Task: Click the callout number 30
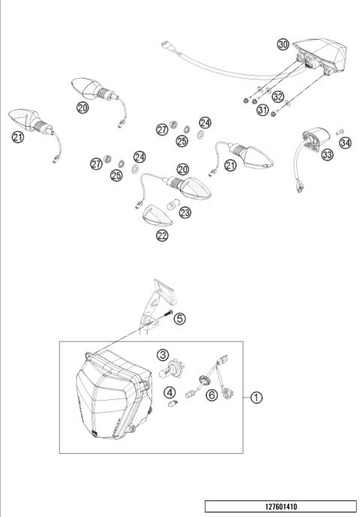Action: click(x=282, y=44)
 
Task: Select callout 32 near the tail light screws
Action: click(x=278, y=97)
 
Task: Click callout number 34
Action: click(x=344, y=142)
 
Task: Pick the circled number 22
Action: click(x=162, y=236)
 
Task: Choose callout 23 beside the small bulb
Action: click(x=184, y=213)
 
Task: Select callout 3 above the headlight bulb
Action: click(x=163, y=355)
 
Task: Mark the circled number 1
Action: click(x=256, y=398)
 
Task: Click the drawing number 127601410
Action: click(x=280, y=506)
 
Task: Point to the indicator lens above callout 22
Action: click(x=159, y=216)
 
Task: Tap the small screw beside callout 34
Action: click(x=339, y=131)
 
